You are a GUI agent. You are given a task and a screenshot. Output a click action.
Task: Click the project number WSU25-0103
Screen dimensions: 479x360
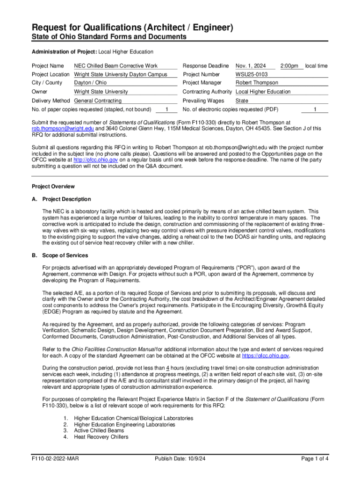(252, 74)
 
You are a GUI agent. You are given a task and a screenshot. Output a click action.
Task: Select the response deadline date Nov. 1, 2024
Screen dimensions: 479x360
(251, 66)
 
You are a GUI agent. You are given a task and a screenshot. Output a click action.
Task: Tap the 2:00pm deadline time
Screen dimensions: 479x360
(289, 66)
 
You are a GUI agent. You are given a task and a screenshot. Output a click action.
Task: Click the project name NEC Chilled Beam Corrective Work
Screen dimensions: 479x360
(116, 66)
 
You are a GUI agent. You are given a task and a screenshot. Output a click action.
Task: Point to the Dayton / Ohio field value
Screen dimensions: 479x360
(91, 83)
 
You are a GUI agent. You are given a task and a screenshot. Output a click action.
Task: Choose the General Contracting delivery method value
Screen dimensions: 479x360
(98, 101)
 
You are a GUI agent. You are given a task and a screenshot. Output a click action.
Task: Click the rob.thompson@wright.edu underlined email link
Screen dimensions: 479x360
(56, 128)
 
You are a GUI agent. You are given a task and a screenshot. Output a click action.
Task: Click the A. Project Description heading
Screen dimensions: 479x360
(61, 199)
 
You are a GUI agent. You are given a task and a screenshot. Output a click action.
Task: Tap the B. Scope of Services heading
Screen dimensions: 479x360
(60, 255)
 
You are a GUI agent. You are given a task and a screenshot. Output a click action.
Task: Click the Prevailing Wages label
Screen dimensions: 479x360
(203, 101)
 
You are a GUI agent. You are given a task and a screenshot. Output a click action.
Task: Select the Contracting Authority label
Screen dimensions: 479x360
(207, 92)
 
